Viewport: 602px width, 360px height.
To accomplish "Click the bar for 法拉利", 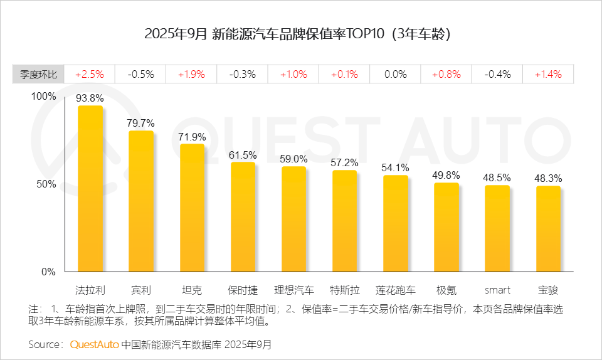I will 90,188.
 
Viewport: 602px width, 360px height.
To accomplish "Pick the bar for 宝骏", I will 548,228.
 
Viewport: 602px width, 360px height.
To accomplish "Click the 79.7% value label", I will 141,122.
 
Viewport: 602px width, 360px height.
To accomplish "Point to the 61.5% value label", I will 243,154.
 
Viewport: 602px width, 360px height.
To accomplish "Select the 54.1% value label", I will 395,167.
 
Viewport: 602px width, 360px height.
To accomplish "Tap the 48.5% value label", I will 497,177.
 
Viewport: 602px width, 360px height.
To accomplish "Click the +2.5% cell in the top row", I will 90,74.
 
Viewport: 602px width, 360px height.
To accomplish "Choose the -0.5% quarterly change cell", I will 141,74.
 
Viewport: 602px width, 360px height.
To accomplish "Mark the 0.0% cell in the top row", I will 395,74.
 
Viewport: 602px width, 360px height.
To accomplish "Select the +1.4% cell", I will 548,74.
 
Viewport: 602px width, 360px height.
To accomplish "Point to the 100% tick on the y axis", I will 45,97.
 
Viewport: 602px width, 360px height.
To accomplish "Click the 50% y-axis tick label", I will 48,184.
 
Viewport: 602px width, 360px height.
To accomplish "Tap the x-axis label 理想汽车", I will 293,290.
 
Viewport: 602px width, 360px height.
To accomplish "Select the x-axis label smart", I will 497,290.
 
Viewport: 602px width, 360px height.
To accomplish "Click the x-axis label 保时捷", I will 243,290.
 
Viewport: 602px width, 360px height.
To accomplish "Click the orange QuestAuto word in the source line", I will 94,344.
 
